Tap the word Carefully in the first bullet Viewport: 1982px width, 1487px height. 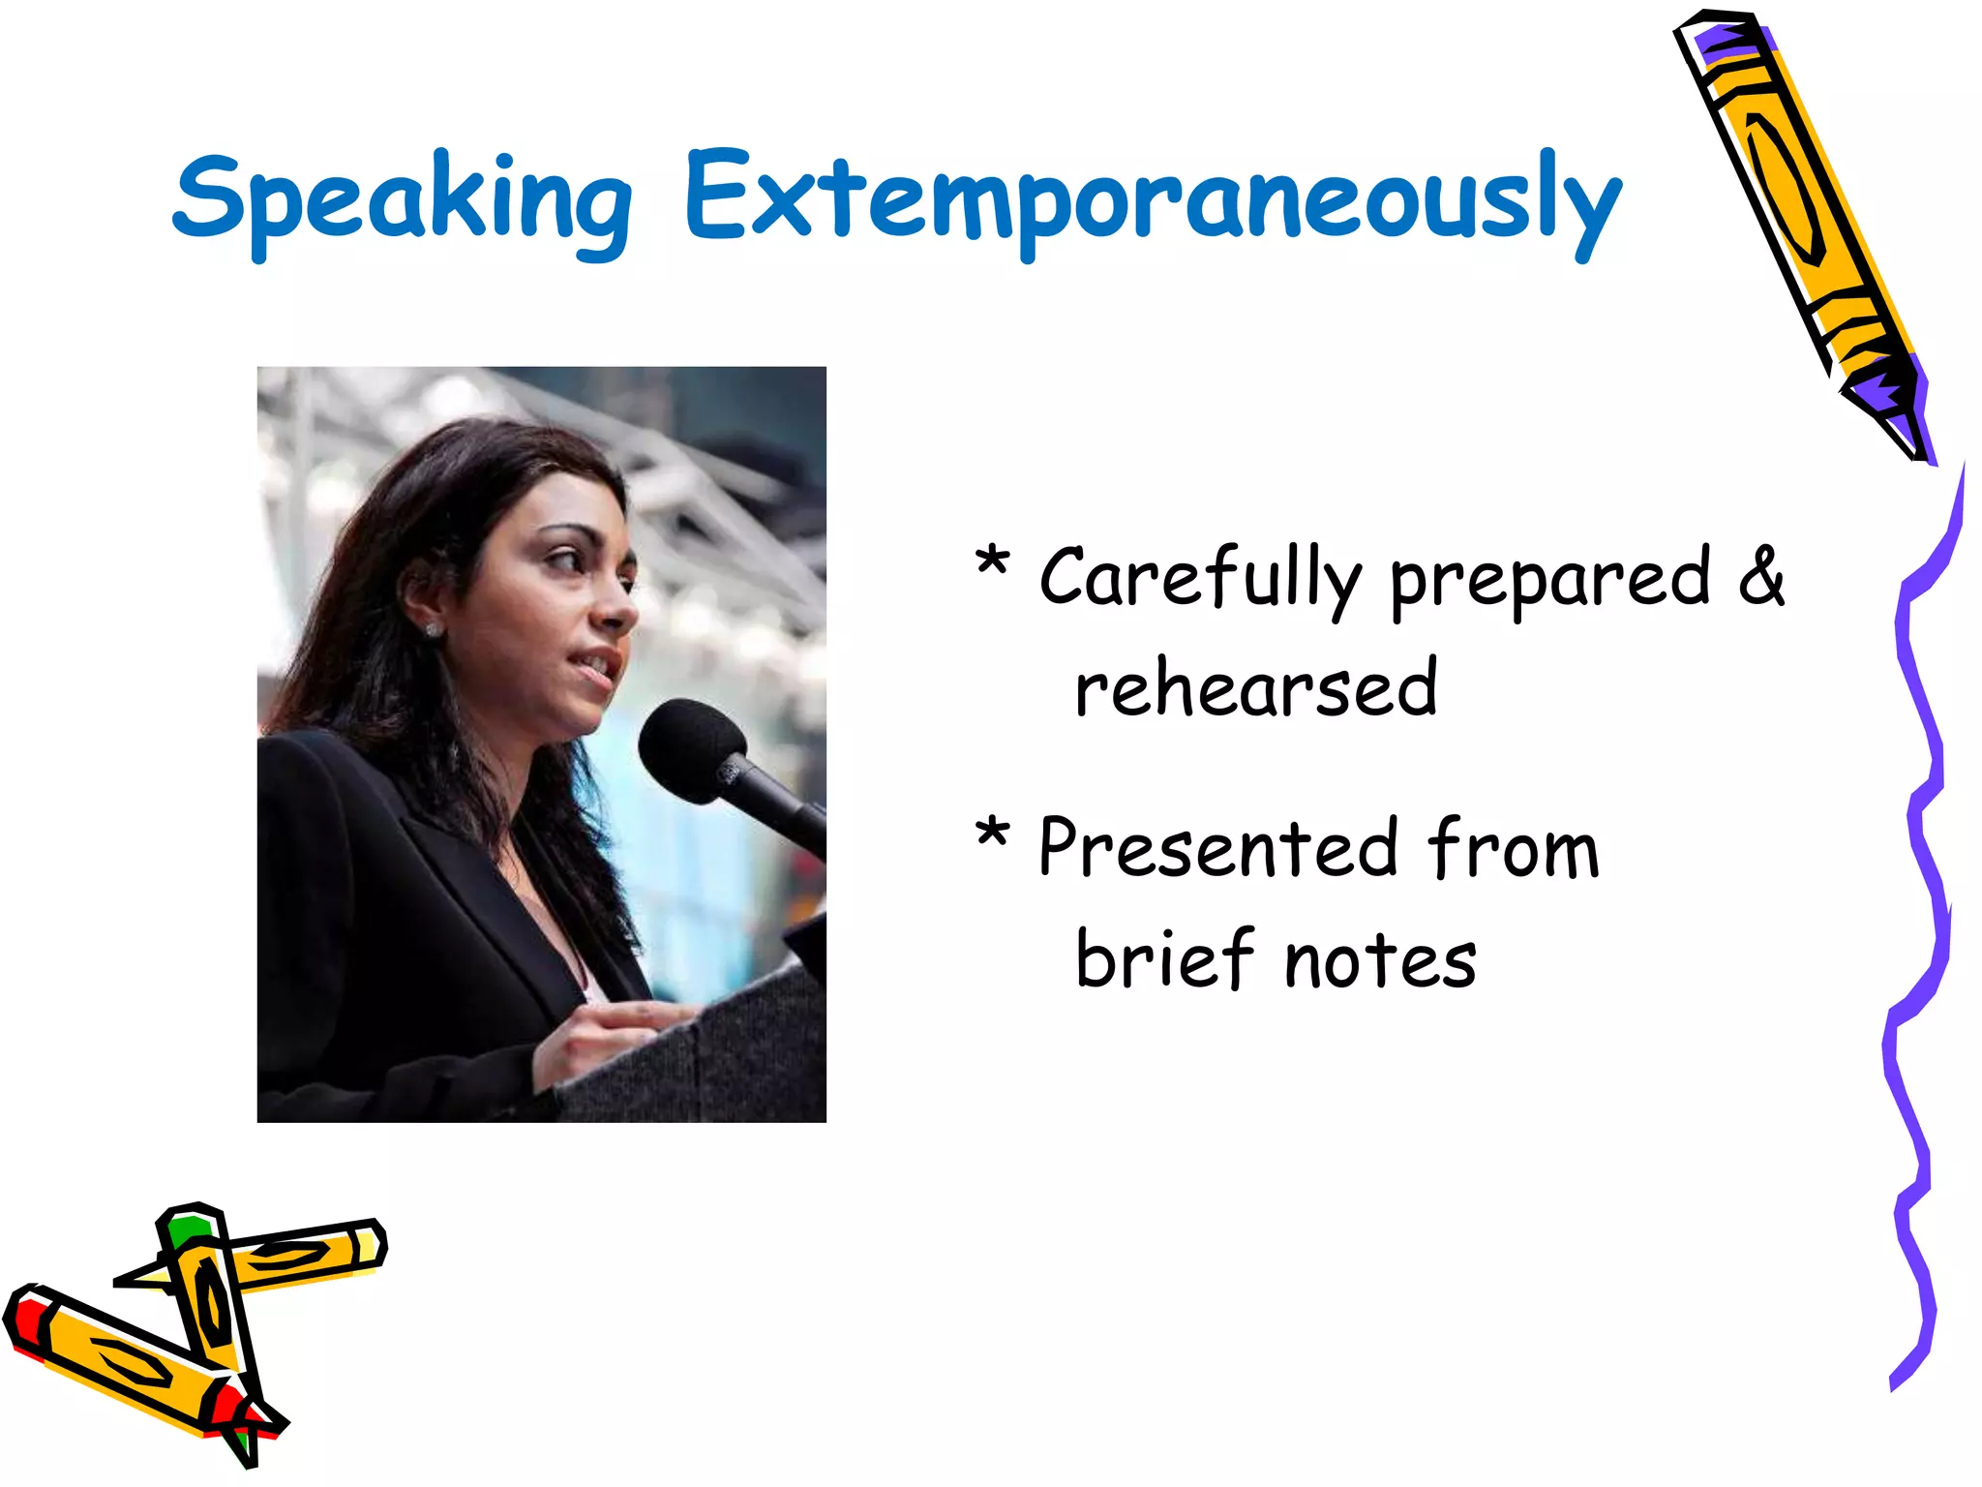pyautogui.click(x=1200, y=579)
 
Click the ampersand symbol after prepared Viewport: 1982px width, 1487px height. pyautogui.click(x=1760, y=577)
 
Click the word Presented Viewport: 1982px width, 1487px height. pyautogui.click(x=1218, y=848)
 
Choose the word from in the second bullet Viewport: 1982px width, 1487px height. pyautogui.click(x=1514, y=848)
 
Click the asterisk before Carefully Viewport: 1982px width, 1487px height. pyautogui.click(x=992, y=562)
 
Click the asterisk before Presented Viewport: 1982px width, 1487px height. pyautogui.click(x=992, y=833)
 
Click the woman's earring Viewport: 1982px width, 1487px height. pyautogui.click(x=433, y=630)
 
